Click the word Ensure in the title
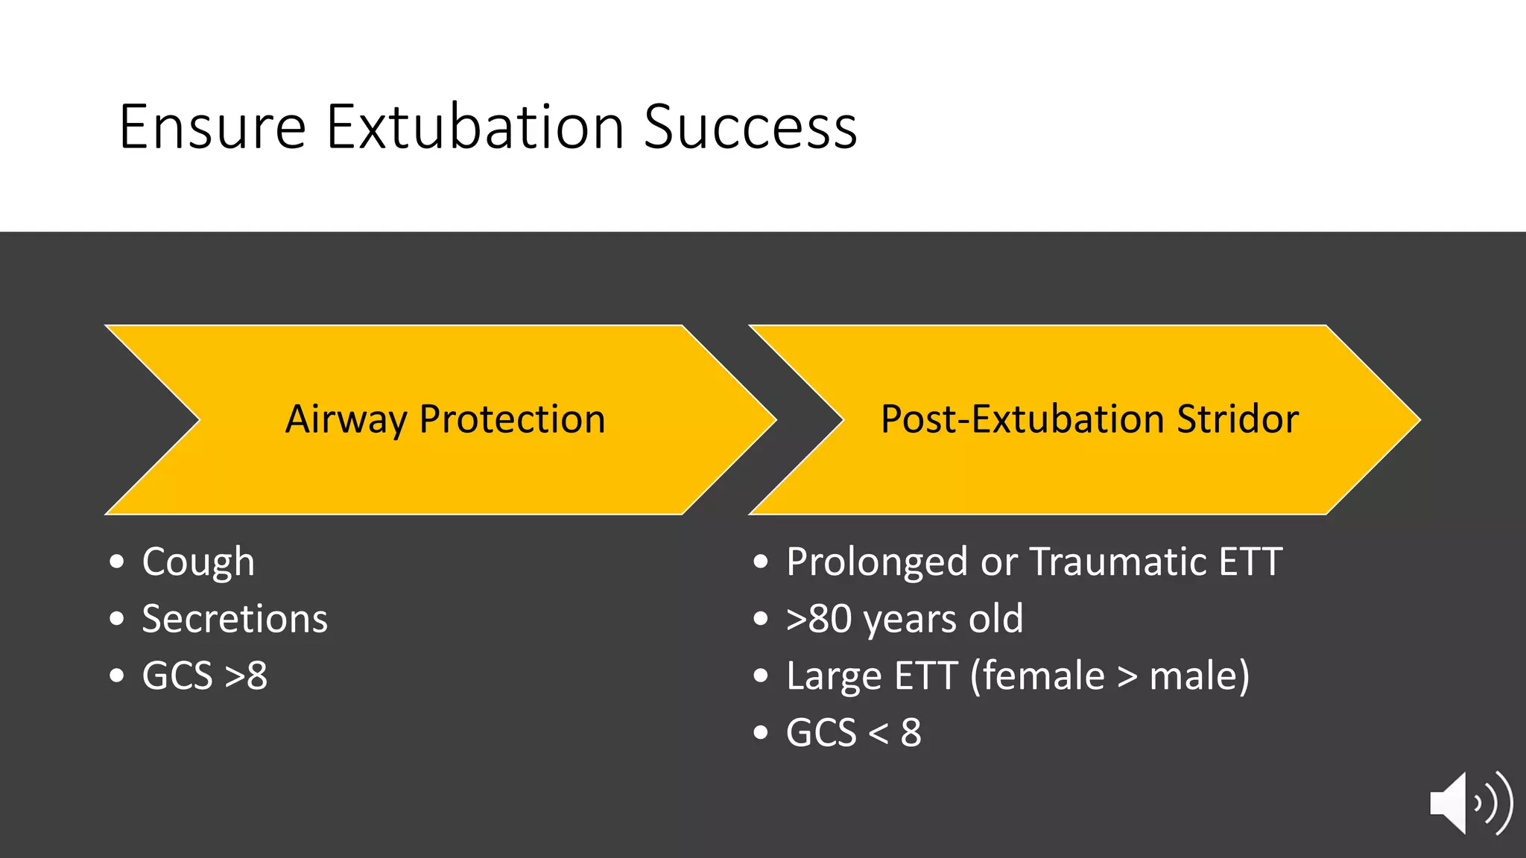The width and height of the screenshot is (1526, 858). (x=212, y=127)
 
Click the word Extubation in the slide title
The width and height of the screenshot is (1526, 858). (x=475, y=127)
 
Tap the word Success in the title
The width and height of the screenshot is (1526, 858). (x=750, y=127)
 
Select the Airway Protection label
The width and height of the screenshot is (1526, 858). (x=445, y=419)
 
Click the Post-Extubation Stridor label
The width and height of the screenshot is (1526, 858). (x=1089, y=419)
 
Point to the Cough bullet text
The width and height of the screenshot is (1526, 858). (x=198, y=562)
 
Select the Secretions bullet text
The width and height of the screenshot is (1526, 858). (x=235, y=619)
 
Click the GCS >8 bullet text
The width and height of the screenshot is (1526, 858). (x=204, y=676)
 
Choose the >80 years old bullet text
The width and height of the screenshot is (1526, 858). (x=905, y=619)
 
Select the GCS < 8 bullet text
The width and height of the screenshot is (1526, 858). (x=853, y=733)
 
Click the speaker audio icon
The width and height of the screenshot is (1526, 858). (x=1469, y=804)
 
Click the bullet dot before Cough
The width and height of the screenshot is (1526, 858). (x=116, y=562)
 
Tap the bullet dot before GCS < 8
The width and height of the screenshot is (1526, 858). (x=760, y=733)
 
